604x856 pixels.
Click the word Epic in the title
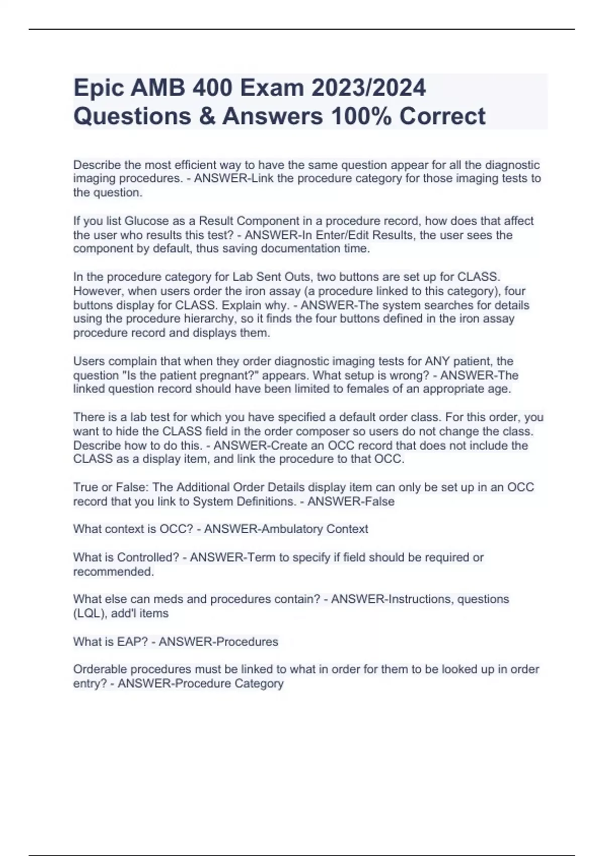[x=98, y=88]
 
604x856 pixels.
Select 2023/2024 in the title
[x=368, y=88]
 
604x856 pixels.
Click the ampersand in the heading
[x=207, y=116]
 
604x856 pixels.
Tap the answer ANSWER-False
[x=351, y=502]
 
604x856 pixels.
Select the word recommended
[x=113, y=572]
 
